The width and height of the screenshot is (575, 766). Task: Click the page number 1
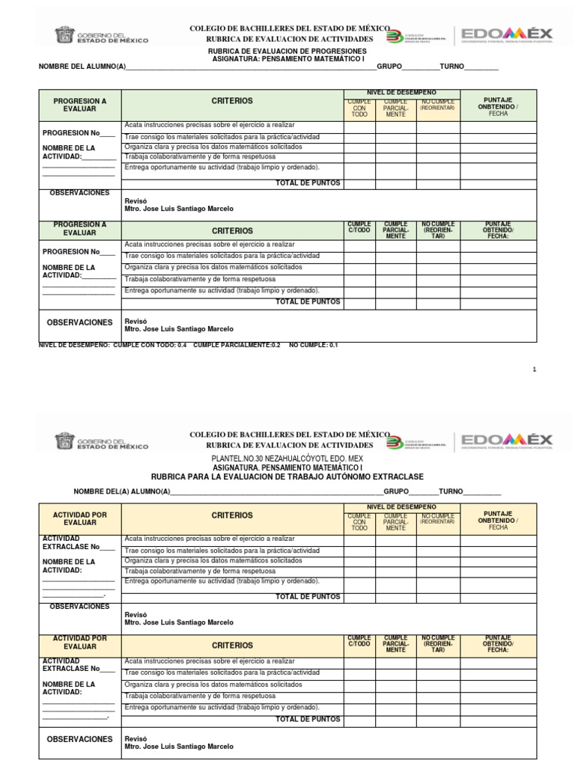tap(535, 370)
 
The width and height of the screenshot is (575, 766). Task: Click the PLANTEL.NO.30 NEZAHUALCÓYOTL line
tap(288, 458)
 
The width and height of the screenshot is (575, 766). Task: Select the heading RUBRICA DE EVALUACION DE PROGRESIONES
tap(287, 51)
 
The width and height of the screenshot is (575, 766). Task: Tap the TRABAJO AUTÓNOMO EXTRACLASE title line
tap(287, 477)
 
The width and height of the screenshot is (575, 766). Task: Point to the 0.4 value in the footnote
tap(181, 346)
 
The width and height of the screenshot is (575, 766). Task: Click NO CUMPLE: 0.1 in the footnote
tap(314, 346)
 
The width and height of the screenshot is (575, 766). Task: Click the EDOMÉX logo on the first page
tap(507, 34)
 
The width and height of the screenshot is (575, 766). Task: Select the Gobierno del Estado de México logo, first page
tap(101, 35)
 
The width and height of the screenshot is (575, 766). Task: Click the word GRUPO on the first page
tap(389, 67)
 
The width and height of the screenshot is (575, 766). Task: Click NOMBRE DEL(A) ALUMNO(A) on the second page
tap(121, 491)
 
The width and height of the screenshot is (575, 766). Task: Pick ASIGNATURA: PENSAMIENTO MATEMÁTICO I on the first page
tap(287, 58)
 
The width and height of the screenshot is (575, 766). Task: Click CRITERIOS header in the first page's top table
tap(232, 101)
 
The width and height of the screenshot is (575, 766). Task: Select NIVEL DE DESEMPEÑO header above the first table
tap(401, 92)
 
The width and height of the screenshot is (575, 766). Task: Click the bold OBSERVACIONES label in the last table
tap(79, 739)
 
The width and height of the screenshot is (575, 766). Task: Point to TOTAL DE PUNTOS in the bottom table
tap(308, 719)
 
